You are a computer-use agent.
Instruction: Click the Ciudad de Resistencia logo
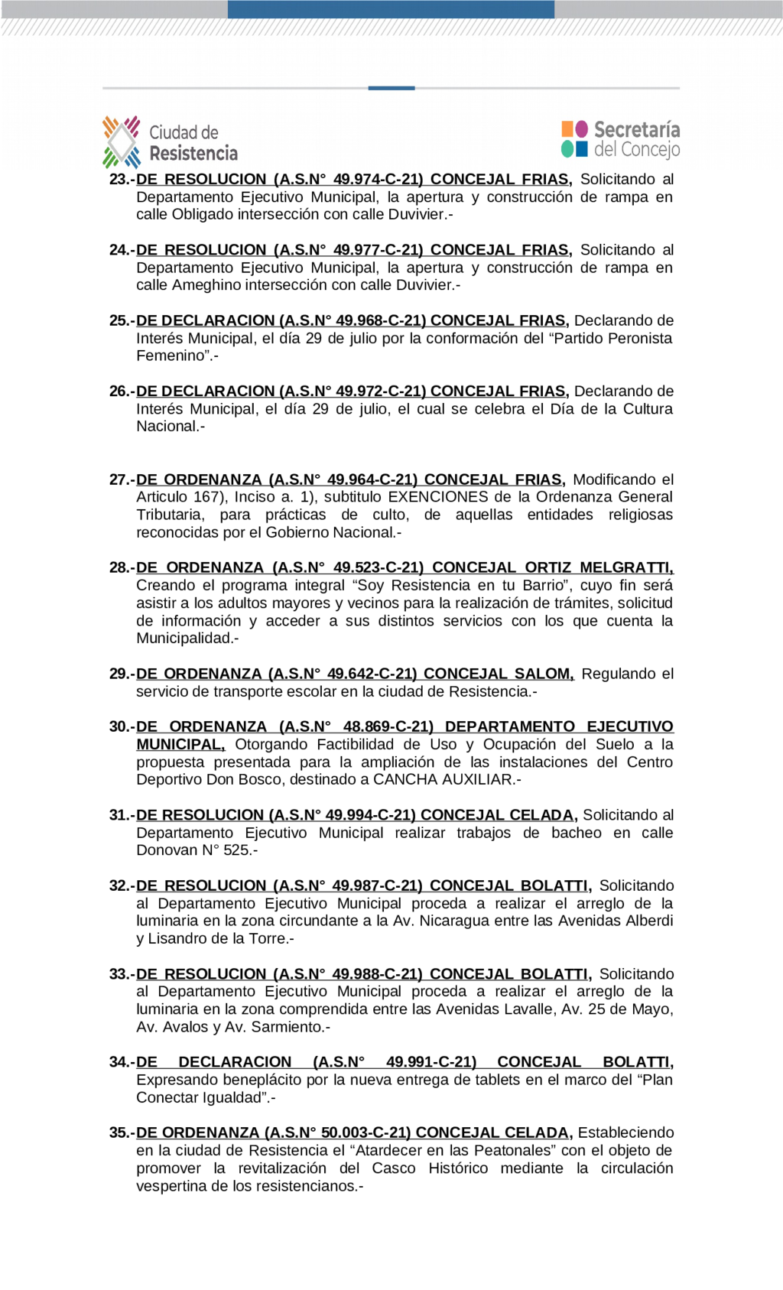[170, 142]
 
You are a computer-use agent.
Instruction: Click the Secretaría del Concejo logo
[620, 139]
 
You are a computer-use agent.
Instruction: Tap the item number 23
[121, 180]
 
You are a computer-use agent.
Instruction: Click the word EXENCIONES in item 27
[438, 497]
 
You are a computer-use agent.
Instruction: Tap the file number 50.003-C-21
[366, 1132]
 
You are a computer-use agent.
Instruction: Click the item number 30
[121, 726]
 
